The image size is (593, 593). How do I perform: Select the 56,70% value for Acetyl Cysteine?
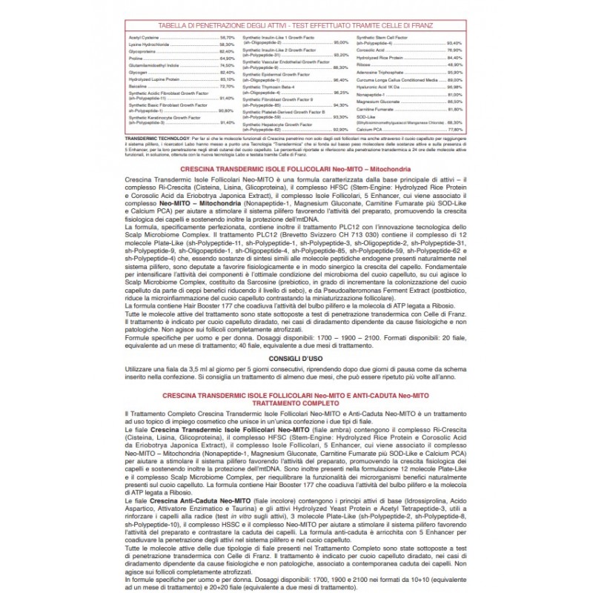coord(227,36)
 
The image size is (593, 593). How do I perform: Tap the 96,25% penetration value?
coord(340,93)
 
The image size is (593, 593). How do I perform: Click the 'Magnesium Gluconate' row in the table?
coord(377,101)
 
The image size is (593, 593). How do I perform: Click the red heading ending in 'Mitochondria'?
coord(296,170)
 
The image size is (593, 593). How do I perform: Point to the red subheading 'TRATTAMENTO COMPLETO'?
coord(296,403)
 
